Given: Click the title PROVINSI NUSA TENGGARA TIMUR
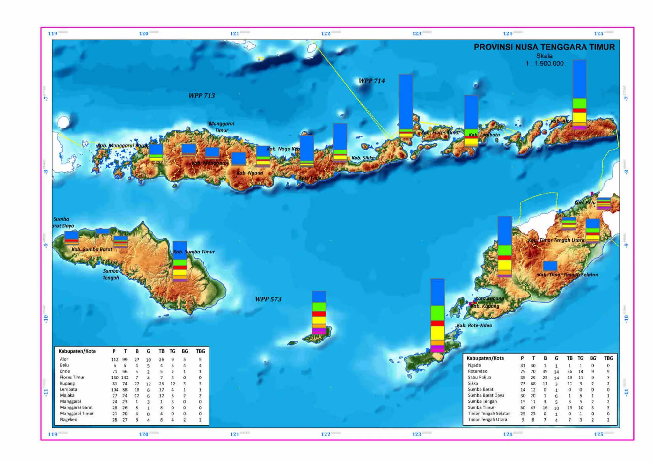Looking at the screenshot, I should (544, 47).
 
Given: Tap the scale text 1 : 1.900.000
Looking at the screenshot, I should (544, 63).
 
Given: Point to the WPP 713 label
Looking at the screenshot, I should (202, 95).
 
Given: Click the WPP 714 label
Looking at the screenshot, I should (371, 81).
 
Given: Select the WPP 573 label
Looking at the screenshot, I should (268, 299).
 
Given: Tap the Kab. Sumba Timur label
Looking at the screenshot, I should (194, 252).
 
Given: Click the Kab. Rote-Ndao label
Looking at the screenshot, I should (474, 326).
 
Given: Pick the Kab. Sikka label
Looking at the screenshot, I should (363, 158).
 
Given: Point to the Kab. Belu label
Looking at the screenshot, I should (584, 203).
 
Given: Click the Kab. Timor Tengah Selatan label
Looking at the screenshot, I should (568, 275).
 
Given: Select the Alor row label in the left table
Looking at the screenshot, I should (64, 359).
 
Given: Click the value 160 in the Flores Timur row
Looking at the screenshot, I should (115, 378).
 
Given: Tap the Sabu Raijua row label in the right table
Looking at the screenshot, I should (479, 377).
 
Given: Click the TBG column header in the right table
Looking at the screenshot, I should (608, 358).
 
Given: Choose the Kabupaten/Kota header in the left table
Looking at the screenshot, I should (77, 351).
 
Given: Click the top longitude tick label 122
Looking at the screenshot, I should (326, 33).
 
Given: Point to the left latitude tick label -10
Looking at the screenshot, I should (46, 319).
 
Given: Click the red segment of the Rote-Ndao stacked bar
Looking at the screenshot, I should (437, 323).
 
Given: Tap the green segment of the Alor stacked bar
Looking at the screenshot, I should (579, 103).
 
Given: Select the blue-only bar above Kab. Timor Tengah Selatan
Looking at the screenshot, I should (550, 266).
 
